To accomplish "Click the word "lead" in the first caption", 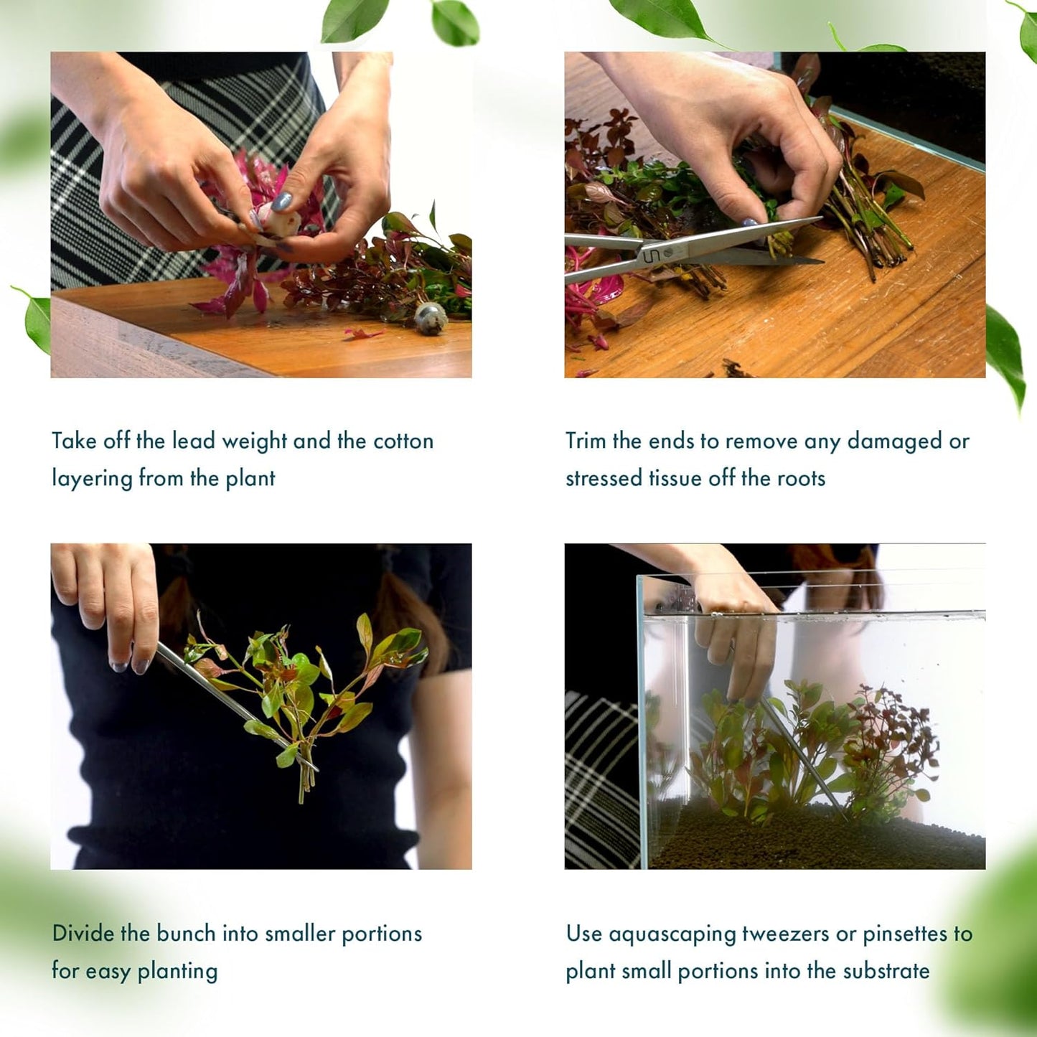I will [x=193, y=441].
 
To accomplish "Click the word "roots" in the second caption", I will [x=802, y=478].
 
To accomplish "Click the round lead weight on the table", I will [x=431, y=317].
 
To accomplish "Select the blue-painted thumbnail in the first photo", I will [x=281, y=202].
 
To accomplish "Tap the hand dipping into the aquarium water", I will [x=736, y=639].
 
